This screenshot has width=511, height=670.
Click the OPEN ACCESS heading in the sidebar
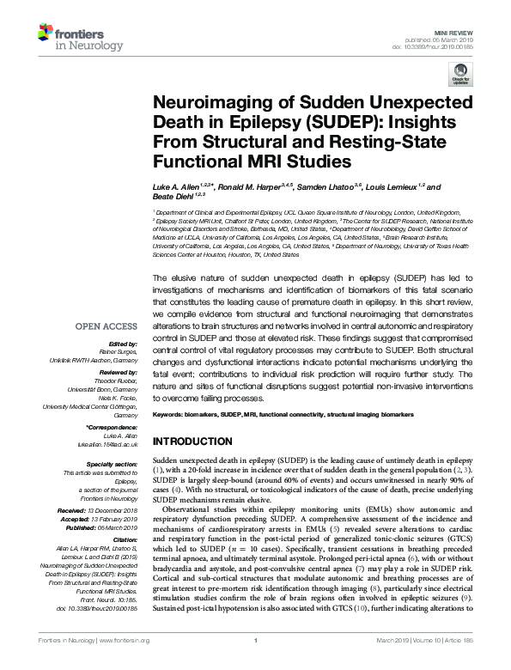click(106, 302)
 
